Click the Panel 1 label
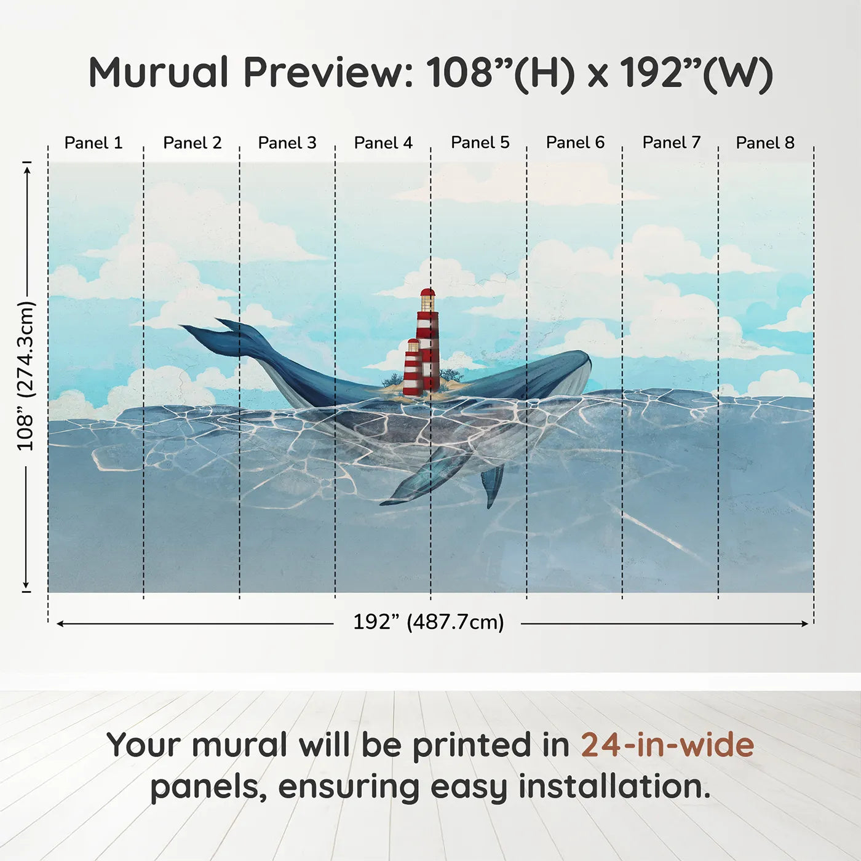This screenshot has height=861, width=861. click(x=93, y=143)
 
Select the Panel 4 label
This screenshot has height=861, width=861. click(x=383, y=143)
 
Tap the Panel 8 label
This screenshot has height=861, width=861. click(x=766, y=143)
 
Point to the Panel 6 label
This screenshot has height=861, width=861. click(x=575, y=143)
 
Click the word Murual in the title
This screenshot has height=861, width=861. click(x=159, y=73)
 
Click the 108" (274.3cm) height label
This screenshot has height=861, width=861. click(x=25, y=376)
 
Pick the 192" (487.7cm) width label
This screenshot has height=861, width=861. click(x=429, y=622)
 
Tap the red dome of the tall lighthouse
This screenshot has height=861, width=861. click(x=427, y=293)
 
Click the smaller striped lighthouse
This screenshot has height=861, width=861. click(x=413, y=368)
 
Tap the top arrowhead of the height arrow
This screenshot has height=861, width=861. click(x=27, y=170)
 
